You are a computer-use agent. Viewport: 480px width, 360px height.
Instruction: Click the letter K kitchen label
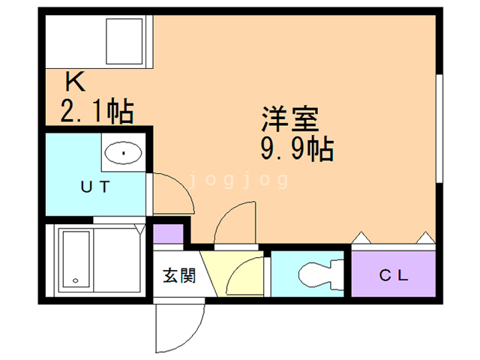pyautogui.click(x=75, y=82)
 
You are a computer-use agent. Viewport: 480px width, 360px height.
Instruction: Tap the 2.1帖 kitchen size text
pyautogui.click(x=97, y=111)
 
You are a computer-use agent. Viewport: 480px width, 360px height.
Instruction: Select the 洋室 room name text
pyautogui.click(x=290, y=119)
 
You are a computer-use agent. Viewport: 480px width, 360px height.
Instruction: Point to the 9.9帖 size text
pyautogui.click(x=297, y=149)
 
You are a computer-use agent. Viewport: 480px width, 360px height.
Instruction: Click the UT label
pyautogui.click(x=95, y=187)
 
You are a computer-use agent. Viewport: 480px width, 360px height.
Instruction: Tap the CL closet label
pyautogui.click(x=394, y=275)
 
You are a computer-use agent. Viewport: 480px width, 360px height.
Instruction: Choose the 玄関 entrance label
pyautogui.click(x=179, y=275)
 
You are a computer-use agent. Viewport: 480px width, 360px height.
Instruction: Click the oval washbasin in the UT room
pyautogui.click(x=123, y=153)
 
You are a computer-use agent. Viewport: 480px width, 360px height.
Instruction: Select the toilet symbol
pyautogui.click(x=321, y=274)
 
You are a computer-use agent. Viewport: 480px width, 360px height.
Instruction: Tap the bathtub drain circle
pyautogui.click(x=76, y=280)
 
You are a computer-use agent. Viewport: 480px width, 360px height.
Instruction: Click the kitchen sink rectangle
pyautogui.click(x=124, y=41)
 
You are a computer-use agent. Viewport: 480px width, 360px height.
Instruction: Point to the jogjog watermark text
pyautogui.click(x=239, y=179)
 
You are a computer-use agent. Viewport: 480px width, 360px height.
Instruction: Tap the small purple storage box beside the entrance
pyautogui.click(x=168, y=233)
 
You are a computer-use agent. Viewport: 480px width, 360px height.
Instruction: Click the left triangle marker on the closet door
pyautogui.click(x=361, y=238)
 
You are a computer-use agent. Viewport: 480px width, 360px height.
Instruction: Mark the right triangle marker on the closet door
pyautogui.click(x=425, y=238)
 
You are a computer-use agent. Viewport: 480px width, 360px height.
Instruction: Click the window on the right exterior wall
pyautogui.click(x=439, y=128)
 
